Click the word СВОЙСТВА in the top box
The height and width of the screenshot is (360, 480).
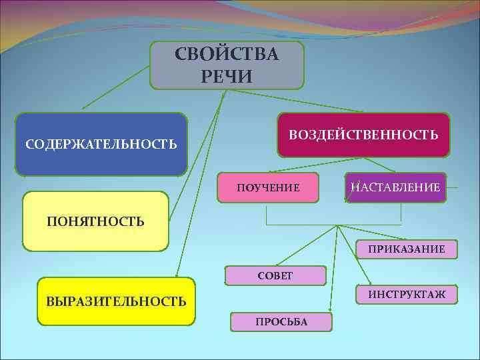click(x=227, y=54)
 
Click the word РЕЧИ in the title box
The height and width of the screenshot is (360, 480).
click(x=227, y=76)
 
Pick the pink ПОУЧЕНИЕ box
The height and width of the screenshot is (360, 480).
click(x=268, y=188)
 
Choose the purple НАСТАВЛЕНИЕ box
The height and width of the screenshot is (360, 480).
click(x=395, y=188)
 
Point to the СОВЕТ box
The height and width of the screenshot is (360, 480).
click(x=275, y=275)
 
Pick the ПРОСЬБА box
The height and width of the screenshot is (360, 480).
click(x=281, y=322)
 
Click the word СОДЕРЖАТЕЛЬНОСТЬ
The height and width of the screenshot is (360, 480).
click(x=101, y=144)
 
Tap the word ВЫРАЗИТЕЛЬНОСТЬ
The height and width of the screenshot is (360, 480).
click(x=116, y=301)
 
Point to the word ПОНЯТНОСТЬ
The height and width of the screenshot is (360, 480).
click(x=95, y=221)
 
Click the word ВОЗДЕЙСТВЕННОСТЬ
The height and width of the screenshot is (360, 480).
click(x=363, y=135)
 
